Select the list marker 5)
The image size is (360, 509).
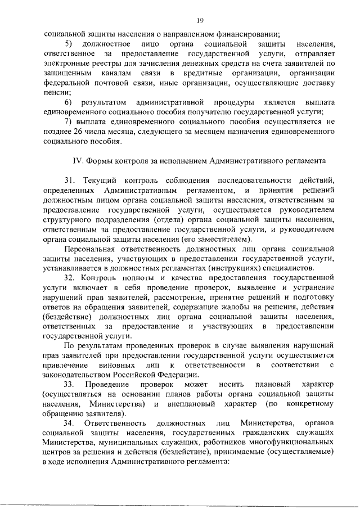[68, 44]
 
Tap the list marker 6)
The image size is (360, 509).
[68, 102]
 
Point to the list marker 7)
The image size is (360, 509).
[68, 121]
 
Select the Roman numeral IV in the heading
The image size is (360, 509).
[79, 160]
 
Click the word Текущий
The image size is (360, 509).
[100, 179]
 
